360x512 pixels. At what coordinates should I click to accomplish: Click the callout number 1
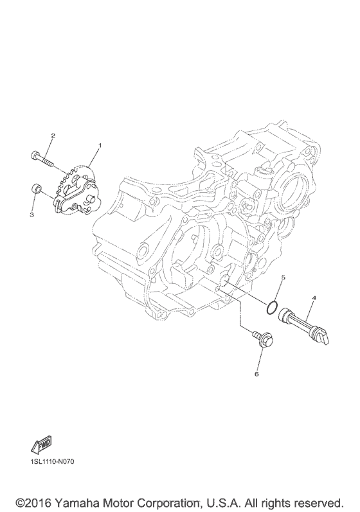tap(100, 145)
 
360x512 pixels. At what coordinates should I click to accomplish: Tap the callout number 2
tap(53, 136)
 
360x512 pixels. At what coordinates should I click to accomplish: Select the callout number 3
tap(32, 215)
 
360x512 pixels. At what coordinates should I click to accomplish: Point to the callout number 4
tap(314, 298)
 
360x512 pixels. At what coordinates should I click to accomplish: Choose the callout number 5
tap(283, 278)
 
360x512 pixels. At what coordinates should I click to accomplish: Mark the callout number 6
tap(256, 374)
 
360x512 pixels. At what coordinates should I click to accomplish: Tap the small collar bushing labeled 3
tap(35, 189)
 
